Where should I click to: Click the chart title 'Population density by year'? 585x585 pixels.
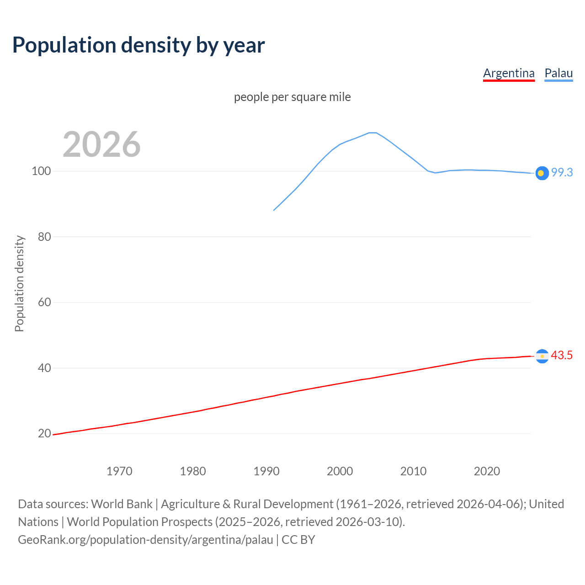138,45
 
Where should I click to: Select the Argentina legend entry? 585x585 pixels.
509,73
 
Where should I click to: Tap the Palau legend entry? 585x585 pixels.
558,73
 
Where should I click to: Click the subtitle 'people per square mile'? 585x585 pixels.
292,97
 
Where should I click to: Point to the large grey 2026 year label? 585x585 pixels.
101,144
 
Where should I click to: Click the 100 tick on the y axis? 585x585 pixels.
41,171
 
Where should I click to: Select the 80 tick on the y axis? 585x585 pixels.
44,237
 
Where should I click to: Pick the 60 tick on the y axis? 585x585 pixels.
44,303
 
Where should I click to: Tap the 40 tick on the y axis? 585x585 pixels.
44,368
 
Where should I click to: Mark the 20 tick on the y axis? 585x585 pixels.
44,433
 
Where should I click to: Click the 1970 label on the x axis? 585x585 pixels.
119,471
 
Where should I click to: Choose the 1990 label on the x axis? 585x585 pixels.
266,471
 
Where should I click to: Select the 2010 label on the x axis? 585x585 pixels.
413,471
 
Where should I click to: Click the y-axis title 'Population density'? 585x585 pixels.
19,283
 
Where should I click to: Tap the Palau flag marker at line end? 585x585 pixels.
542,173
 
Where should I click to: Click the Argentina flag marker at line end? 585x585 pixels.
542,356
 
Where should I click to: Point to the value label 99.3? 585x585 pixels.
562,172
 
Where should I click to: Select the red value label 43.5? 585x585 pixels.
562,355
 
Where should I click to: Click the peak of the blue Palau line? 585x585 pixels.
372,133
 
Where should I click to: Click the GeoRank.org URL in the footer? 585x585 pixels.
145,540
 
